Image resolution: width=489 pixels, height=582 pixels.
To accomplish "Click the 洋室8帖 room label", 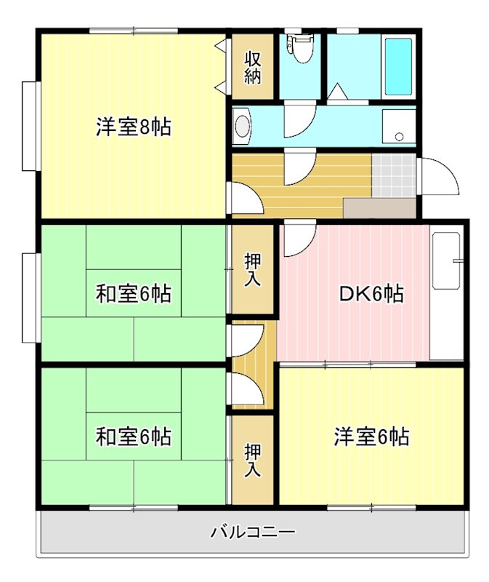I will (134, 127).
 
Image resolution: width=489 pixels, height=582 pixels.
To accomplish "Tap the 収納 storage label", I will (252, 67).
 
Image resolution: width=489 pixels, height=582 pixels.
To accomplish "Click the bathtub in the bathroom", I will (398, 65).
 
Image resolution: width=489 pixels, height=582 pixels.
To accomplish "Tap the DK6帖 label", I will (371, 294).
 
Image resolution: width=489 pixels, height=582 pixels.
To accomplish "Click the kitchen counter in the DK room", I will (446, 295).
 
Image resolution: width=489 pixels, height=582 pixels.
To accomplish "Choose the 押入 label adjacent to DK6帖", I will (252, 270).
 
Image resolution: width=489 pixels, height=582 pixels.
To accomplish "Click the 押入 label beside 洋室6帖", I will (252, 460).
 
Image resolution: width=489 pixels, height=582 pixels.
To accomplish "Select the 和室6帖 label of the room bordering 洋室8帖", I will (134, 294).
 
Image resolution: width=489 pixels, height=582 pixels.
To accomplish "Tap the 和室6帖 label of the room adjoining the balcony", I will (134, 437).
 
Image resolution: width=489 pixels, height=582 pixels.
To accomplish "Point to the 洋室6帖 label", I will (371, 437).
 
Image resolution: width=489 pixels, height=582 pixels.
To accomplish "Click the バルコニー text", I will (253, 532).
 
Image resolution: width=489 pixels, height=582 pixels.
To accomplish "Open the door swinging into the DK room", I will (299, 241).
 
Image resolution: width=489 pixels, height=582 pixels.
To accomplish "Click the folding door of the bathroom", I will (338, 93).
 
